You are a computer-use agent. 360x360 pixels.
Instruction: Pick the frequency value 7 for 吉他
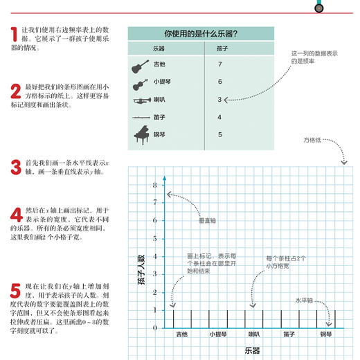click(219, 64)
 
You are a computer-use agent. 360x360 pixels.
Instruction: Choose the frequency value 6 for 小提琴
click(219, 82)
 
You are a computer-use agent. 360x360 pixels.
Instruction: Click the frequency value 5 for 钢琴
click(219, 134)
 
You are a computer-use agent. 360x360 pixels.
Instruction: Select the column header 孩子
click(222, 48)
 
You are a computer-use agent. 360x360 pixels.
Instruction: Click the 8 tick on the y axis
click(156, 185)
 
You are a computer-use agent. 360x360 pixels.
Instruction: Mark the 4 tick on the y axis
click(156, 256)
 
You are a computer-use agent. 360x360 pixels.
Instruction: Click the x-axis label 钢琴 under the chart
click(325, 335)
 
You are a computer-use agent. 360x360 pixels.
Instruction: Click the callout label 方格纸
click(313, 141)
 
